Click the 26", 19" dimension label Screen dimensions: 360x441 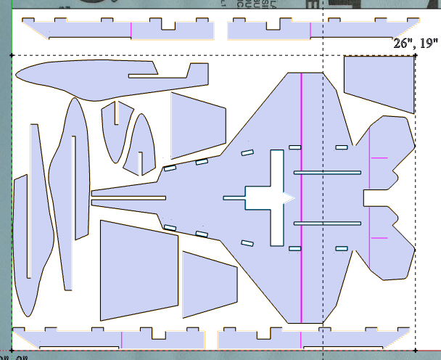[x=413, y=44]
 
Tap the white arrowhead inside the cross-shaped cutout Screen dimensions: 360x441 [x=289, y=197]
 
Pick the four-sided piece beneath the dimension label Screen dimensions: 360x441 [x=378, y=83]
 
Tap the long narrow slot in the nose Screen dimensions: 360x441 [x=128, y=197]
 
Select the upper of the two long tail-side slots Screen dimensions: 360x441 [x=326, y=172]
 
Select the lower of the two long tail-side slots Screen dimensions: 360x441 [x=326, y=222]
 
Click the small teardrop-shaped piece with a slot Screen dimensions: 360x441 [x=113, y=131]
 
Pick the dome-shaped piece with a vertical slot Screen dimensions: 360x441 [x=142, y=145]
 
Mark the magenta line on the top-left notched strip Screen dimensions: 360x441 [x=131, y=30]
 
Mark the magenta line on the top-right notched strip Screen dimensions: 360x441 [x=310, y=30]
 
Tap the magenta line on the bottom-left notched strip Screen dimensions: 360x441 [x=121, y=340]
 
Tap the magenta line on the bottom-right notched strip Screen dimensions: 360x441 [x=300, y=340]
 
